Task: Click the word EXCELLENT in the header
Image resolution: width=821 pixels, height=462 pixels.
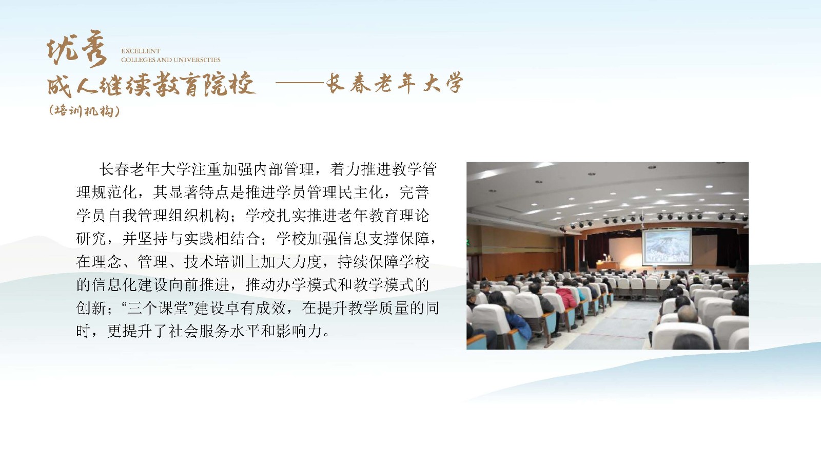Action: point(141,51)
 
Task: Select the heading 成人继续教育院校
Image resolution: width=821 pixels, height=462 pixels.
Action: point(151,84)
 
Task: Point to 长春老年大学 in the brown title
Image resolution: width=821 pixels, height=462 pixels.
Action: point(395,83)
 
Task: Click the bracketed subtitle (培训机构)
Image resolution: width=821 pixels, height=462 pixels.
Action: point(84,111)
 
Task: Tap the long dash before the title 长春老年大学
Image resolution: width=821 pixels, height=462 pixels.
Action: point(300,83)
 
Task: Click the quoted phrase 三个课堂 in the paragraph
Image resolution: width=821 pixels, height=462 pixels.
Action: point(158,308)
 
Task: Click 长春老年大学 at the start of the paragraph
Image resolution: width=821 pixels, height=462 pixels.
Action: point(145,169)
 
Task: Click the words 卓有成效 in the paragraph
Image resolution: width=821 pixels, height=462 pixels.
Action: point(256,308)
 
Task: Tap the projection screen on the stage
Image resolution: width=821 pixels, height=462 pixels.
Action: point(667,246)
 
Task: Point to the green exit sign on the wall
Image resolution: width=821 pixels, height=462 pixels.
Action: point(467,242)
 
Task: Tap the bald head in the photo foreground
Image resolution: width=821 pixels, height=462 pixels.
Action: point(688,314)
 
